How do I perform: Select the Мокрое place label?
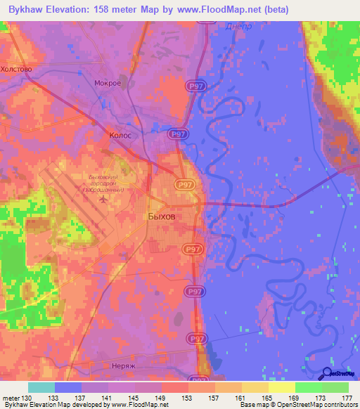click(108, 83)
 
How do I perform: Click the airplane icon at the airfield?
click(105, 200)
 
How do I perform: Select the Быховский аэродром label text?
click(102, 183)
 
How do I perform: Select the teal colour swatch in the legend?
click(41, 387)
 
